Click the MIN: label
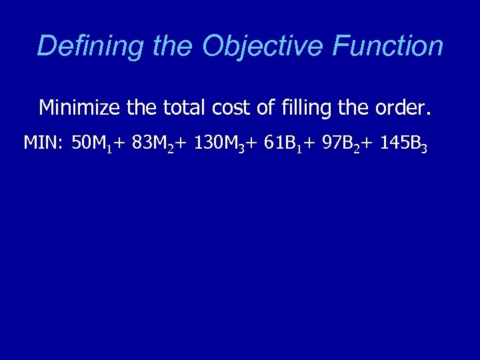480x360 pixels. [44, 143]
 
